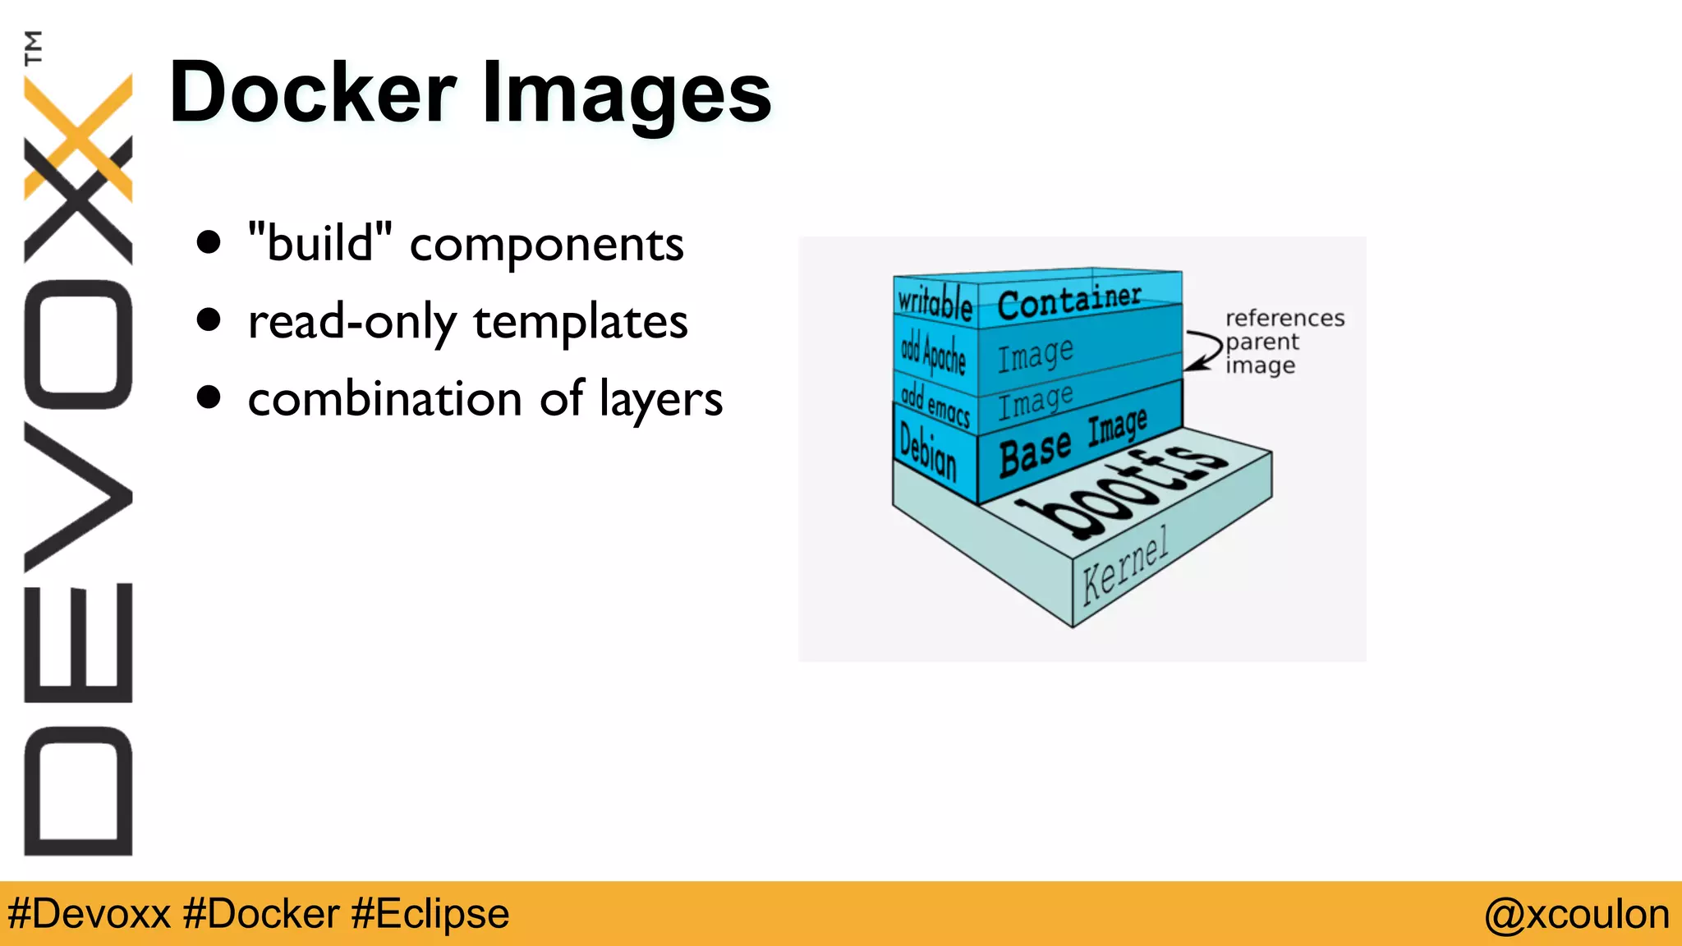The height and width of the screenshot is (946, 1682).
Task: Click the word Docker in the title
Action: (x=312, y=92)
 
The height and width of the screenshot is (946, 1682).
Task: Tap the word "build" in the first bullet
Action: (x=319, y=243)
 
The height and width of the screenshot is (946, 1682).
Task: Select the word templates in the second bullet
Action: (x=580, y=321)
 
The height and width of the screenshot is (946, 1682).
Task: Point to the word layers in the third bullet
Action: (x=660, y=400)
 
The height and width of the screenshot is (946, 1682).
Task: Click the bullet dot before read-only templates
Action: (x=209, y=319)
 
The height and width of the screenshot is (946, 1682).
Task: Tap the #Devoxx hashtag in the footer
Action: (x=89, y=914)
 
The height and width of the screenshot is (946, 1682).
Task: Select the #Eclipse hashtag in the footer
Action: (x=430, y=914)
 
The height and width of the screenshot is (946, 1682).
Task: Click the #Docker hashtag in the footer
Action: (x=261, y=914)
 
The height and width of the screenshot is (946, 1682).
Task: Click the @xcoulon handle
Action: (x=1576, y=914)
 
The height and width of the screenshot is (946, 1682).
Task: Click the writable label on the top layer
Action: (x=935, y=301)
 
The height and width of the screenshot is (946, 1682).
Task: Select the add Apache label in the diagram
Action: (x=933, y=353)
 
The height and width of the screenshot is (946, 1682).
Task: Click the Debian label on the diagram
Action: (x=928, y=451)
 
